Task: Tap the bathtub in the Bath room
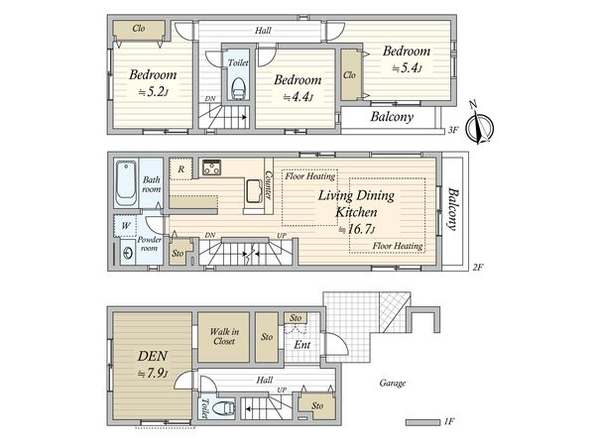pyautogui.click(x=126, y=183)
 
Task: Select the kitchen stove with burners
pyautogui.click(x=212, y=167)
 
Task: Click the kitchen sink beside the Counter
pyautogui.click(x=255, y=191)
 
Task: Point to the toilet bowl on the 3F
pyautogui.click(x=238, y=89)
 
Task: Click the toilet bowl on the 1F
pyautogui.click(x=224, y=408)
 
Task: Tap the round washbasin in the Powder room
pyautogui.click(x=128, y=253)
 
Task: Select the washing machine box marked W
pyautogui.click(x=125, y=226)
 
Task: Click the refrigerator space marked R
pyautogui.click(x=180, y=168)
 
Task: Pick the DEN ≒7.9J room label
pyautogui.click(x=153, y=364)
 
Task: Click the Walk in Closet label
pyautogui.click(x=224, y=336)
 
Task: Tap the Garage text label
pyautogui.click(x=393, y=383)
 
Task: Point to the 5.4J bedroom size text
pyautogui.click(x=408, y=68)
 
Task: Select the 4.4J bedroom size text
pyautogui.click(x=298, y=97)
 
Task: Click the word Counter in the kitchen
pyautogui.click(x=269, y=185)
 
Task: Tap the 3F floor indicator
pyautogui.click(x=453, y=130)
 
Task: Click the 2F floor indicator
pyautogui.click(x=478, y=267)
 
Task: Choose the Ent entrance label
pyautogui.click(x=302, y=345)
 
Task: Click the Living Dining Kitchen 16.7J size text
pyautogui.click(x=357, y=230)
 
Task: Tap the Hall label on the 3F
pyautogui.click(x=263, y=31)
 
